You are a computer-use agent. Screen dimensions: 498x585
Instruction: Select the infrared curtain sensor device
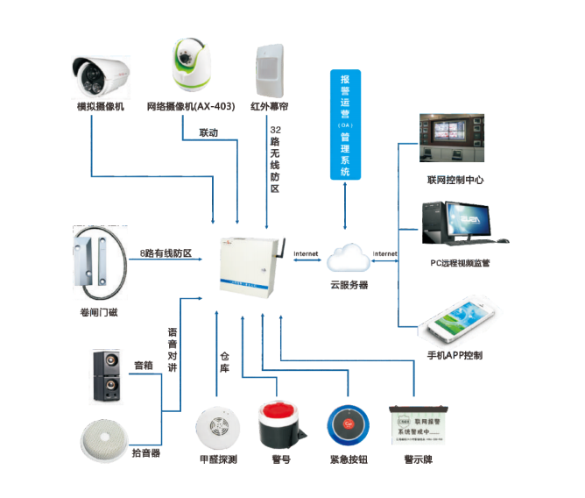click(270, 69)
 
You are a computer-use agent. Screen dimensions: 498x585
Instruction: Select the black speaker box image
click(109, 376)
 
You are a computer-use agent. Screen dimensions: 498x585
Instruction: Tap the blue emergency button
click(349, 426)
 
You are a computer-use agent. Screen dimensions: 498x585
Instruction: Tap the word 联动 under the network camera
click(208, 133)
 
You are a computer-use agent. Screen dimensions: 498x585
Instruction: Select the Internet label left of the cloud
click(307, 253)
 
